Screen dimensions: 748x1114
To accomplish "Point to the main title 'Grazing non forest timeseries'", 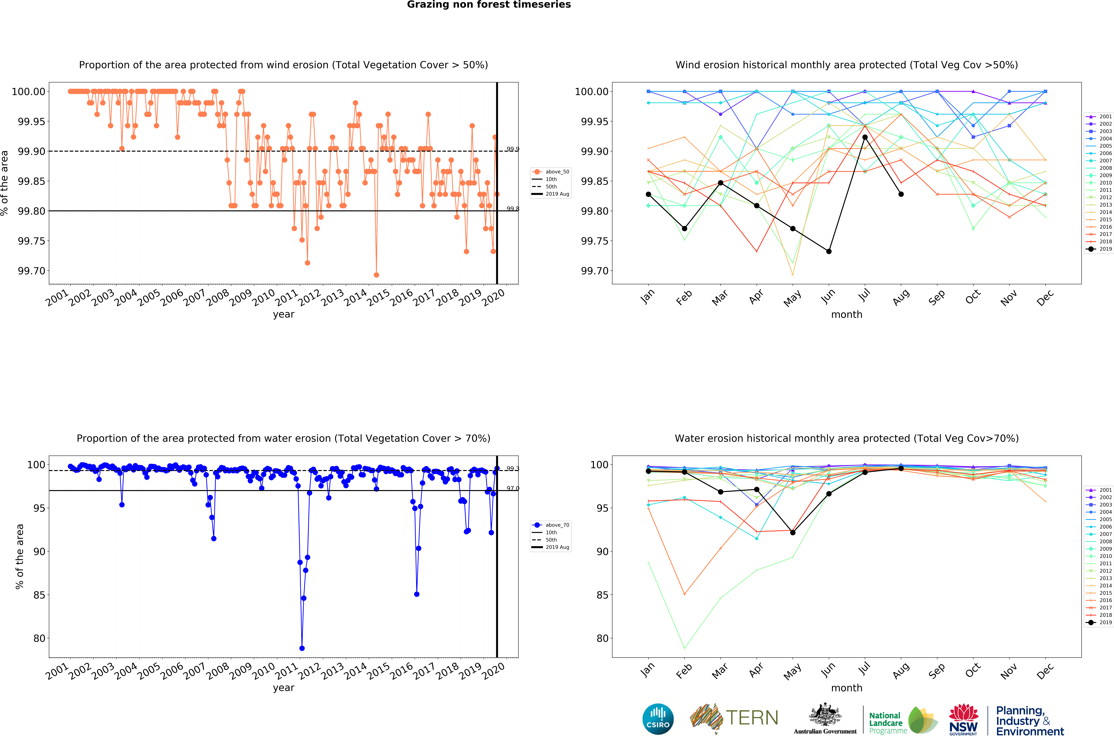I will (x=488, y=5).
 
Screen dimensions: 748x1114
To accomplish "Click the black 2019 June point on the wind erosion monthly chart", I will (x=829, y=251).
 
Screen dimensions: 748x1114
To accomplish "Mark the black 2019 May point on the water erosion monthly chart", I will (x=793, y=532).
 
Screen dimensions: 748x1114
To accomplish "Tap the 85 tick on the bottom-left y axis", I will (x=39, y=595).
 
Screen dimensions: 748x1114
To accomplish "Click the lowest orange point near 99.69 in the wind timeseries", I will (x=376, y=275).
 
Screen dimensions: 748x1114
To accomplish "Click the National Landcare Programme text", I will (x=887, y=723).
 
